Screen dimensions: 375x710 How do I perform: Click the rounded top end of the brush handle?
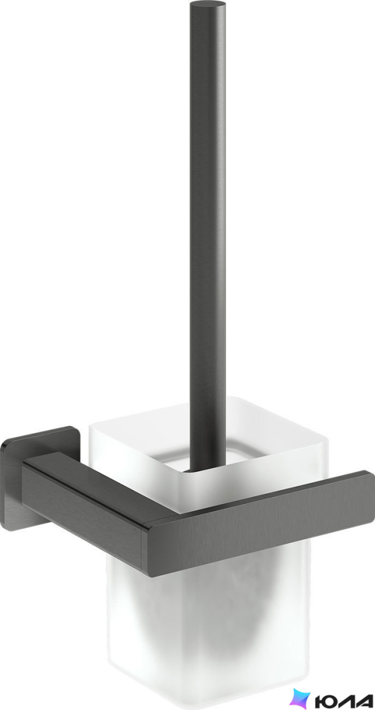click(207, 5)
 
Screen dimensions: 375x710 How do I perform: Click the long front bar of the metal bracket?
click(258, 525)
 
